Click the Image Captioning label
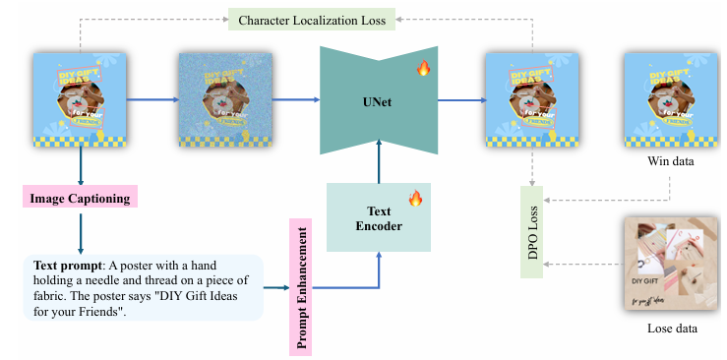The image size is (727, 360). [80, 197]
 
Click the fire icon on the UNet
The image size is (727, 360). [424, 69]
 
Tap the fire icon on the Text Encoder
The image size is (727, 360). [415, 200]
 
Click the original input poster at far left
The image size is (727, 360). [80, 100]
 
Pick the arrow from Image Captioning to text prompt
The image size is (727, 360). [80, 230]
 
